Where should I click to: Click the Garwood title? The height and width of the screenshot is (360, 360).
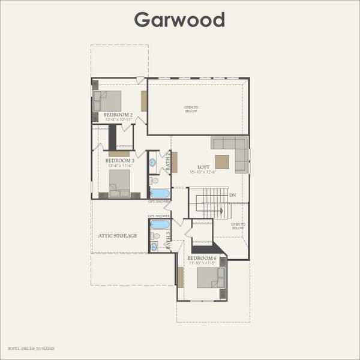(179, 20)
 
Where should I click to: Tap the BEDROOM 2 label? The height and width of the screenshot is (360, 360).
(118, 114)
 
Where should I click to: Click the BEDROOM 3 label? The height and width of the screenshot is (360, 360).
(120, 161)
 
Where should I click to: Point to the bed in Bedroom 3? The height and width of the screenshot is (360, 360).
(120, 181)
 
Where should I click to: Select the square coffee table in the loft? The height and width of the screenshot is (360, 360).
(222, 162)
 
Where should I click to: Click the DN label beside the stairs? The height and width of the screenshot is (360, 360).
(232, 195)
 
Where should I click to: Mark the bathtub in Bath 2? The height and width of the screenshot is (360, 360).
(160, 193)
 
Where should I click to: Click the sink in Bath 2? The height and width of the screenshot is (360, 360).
(152, 162)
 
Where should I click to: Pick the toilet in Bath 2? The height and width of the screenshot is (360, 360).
(154, 180)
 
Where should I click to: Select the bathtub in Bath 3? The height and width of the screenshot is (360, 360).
(160, 224)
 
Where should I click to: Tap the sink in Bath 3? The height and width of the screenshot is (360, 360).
(154, 246)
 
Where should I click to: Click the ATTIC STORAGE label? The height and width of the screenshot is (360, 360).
(118, 236)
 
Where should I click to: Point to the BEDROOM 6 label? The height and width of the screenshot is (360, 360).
(202, 259)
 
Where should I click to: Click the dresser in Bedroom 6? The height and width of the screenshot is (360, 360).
(181, 277)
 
